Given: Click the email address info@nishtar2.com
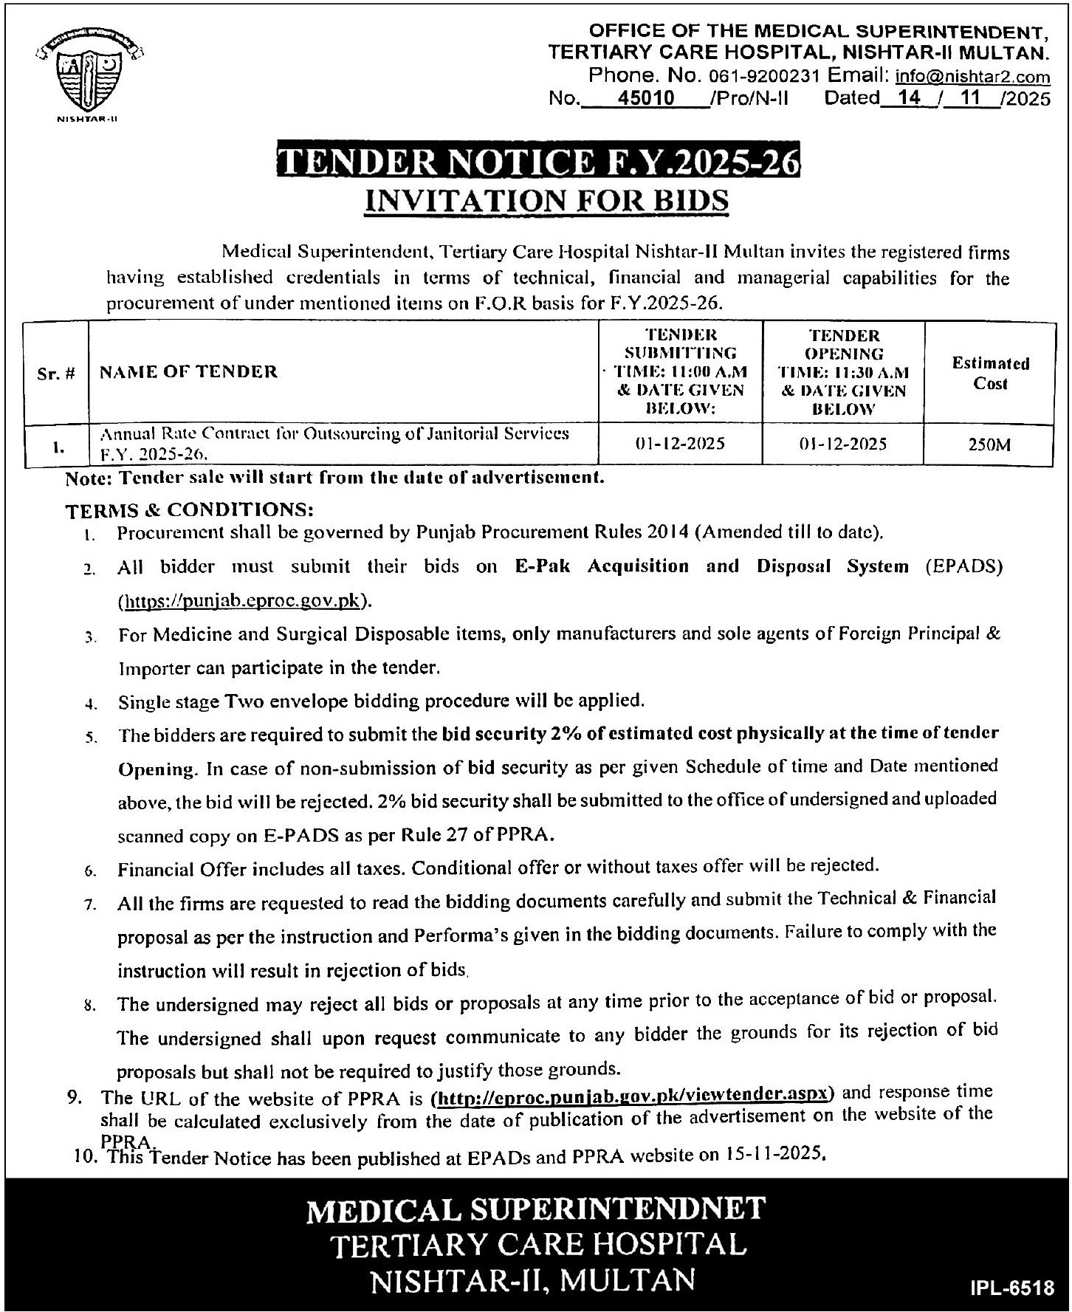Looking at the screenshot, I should [x=972, y=76].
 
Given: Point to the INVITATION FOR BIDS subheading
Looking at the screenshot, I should [x=547, y=201].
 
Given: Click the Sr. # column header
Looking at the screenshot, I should [x=56, y=373].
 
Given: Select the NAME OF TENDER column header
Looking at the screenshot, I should [x=188, y=371].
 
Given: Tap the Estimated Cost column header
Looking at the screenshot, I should [x=990, y=373].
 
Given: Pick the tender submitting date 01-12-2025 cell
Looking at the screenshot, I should [x=680, y=444].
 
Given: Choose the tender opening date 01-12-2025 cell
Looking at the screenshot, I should [x=842, y=444].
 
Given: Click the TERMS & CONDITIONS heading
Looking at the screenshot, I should [x=190, y=510].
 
